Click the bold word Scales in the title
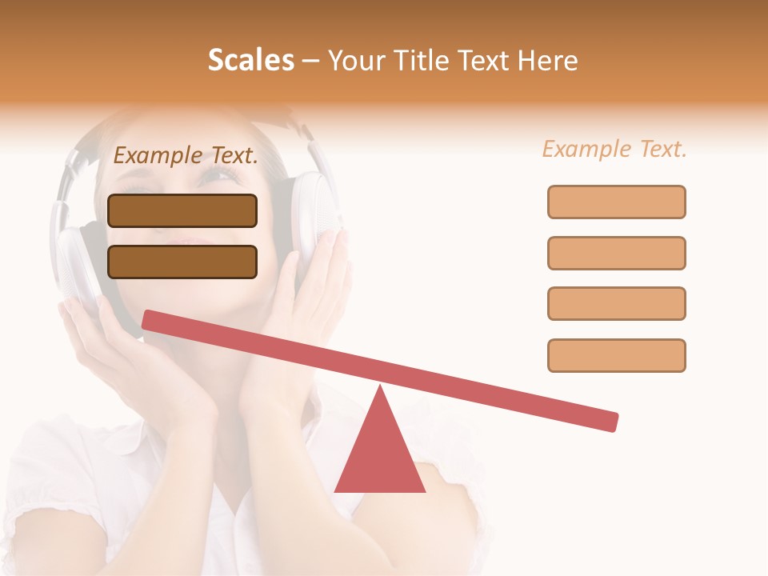(250, 60)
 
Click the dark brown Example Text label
(186, 155)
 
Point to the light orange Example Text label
(614, 149)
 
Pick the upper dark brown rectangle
(182, 210)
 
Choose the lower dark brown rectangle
(182, 262)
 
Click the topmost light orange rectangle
(616, 202)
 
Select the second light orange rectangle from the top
(616, 253)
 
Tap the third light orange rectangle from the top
(616, 303)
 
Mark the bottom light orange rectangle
(616, 355)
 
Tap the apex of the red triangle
(380, 389)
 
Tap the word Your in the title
(356, 60)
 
